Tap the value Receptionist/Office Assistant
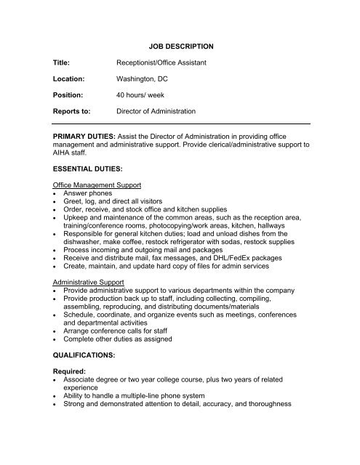tap(162, 65)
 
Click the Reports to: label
tap(73, 111)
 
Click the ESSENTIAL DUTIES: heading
tap(92, 169)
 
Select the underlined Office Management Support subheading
tap(100, 186)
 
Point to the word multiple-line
tap(142, 397)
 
